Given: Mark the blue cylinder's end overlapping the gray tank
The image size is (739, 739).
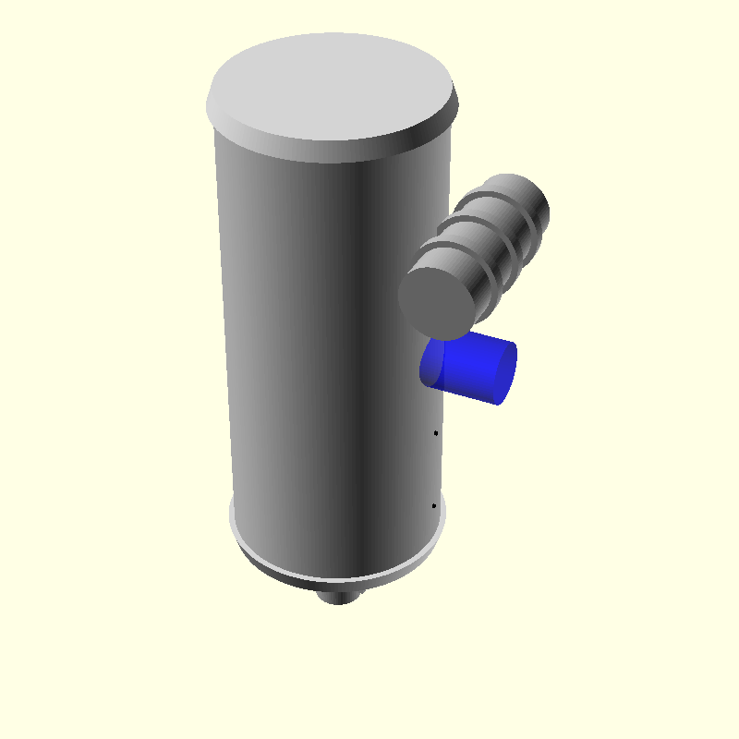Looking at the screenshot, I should [432, 363].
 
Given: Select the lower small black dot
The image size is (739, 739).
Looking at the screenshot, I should [433, 506].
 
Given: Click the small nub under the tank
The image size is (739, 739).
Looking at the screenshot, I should [338, 596].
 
